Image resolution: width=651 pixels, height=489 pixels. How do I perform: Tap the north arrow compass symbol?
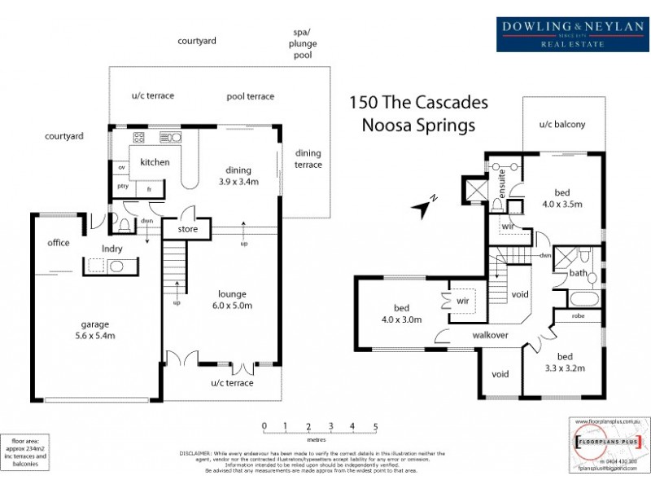[425, 209]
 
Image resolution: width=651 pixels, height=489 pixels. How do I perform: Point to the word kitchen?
[155, 162]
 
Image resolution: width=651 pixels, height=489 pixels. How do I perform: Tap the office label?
[59, 243]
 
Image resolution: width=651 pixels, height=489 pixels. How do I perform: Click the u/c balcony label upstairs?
[561, 125]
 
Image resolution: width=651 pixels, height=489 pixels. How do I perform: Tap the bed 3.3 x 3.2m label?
[575, 362]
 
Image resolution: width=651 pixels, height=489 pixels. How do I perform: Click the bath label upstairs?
[579, 274]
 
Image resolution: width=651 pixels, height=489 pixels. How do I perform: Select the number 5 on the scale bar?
[375, 426]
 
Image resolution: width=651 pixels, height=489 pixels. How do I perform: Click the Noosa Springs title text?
[418, 126]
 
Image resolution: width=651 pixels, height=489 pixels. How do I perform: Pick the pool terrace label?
[250, 96]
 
